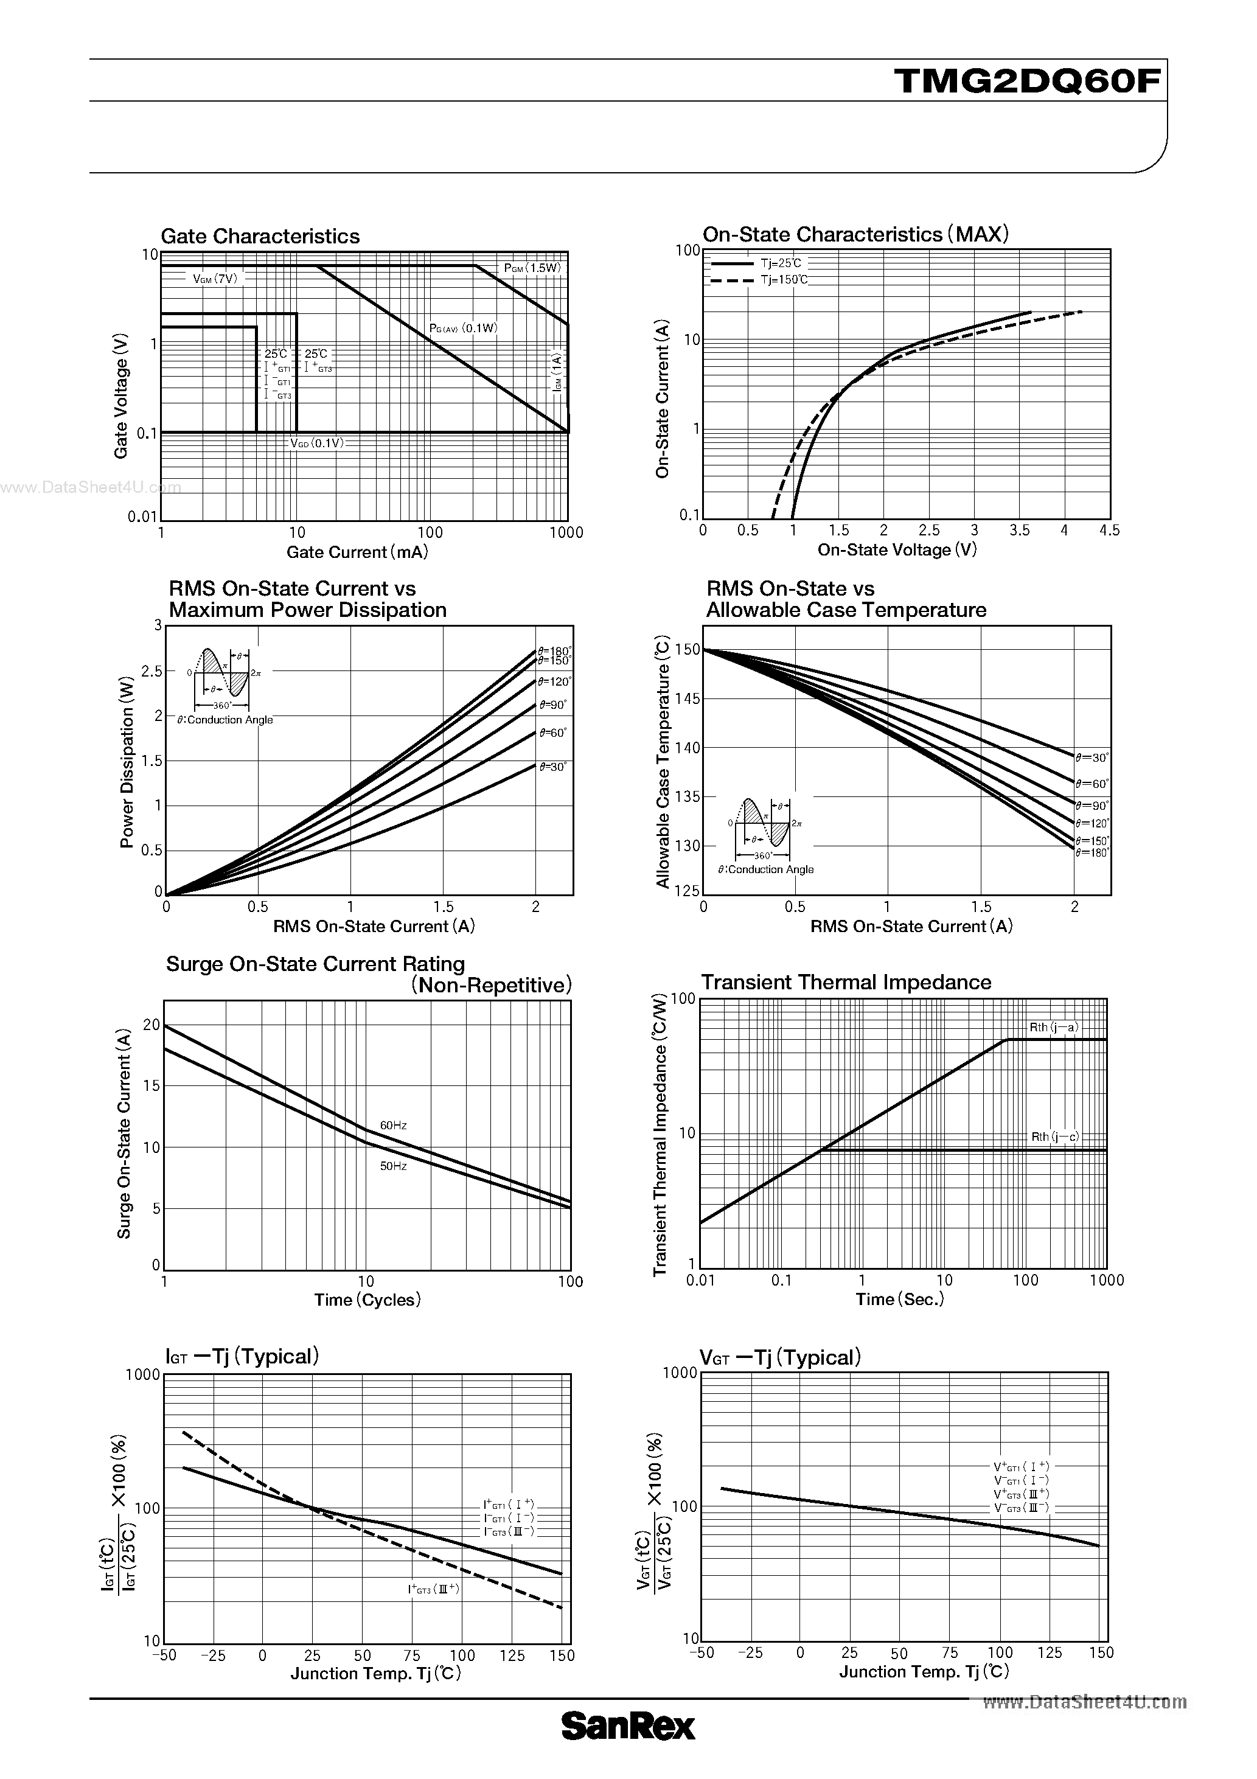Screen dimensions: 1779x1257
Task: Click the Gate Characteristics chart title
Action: click(x=260, y=236)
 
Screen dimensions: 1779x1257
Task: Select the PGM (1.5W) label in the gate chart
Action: click(x=532, y=268)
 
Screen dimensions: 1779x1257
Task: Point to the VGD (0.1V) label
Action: click(x=316, y=443)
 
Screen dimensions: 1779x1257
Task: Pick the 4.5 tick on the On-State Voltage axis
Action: click(x=1109, y=531)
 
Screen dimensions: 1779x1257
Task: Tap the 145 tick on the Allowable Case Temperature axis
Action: click(x=688, y=699)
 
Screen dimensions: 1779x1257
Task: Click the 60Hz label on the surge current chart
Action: click(x=393, y=1125)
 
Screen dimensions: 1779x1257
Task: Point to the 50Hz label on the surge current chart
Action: click(x=393, y=1165)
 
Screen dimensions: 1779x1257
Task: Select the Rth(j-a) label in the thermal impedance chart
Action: click(x=1053, y=1028)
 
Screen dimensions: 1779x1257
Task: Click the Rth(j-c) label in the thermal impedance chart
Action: click(x=1054, y=1137)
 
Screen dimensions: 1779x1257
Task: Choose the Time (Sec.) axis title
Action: click(x=900, y=1300)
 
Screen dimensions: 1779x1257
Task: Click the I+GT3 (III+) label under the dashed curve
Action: click(x=433, y=1589)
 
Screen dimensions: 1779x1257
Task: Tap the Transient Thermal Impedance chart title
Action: click(x=846, y=983)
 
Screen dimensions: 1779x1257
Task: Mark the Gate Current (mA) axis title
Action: click(x=357, y=552)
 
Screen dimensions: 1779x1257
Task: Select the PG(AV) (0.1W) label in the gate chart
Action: click(x=464, y=329)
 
